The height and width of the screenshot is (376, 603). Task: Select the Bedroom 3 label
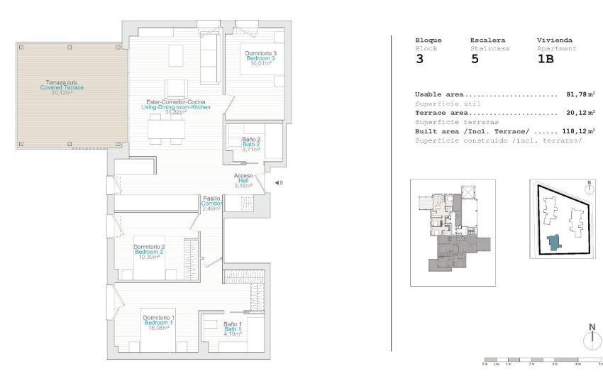point(260,59)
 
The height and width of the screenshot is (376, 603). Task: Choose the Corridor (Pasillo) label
point(211,204)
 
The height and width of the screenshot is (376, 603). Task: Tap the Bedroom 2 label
point(149,252)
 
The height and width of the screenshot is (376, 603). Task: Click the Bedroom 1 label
point(157,323)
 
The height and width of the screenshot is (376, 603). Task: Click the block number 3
point(420,60)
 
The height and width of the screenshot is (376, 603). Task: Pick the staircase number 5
point(475,60)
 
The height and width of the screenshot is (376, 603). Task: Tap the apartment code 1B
point(546,60)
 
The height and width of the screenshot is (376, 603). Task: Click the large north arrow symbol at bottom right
point(592,338)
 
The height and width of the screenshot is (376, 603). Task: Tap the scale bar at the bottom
point(542,359)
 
